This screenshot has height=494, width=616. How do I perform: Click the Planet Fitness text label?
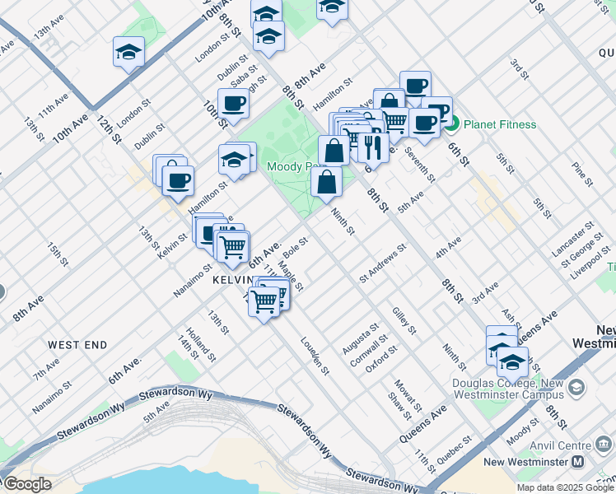click(500, 124)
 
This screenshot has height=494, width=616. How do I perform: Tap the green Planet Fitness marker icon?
click(451, 124)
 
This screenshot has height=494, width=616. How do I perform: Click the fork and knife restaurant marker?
click(373, 147)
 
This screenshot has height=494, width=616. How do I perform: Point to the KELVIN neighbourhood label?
click(228, 280)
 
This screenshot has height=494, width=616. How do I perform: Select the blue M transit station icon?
click(578, 463)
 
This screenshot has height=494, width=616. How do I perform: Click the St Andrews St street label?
click(383, 263)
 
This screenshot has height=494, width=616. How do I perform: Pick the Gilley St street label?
click(404, 320)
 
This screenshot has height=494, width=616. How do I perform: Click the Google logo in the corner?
click(26, 484)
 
